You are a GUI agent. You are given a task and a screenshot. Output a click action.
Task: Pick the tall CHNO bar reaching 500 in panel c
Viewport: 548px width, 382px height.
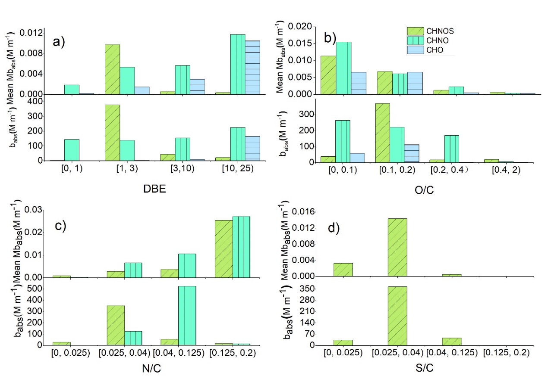[x=187, y=315]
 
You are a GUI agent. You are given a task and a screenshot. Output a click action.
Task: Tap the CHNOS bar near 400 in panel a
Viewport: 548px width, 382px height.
[x=112, y=133]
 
